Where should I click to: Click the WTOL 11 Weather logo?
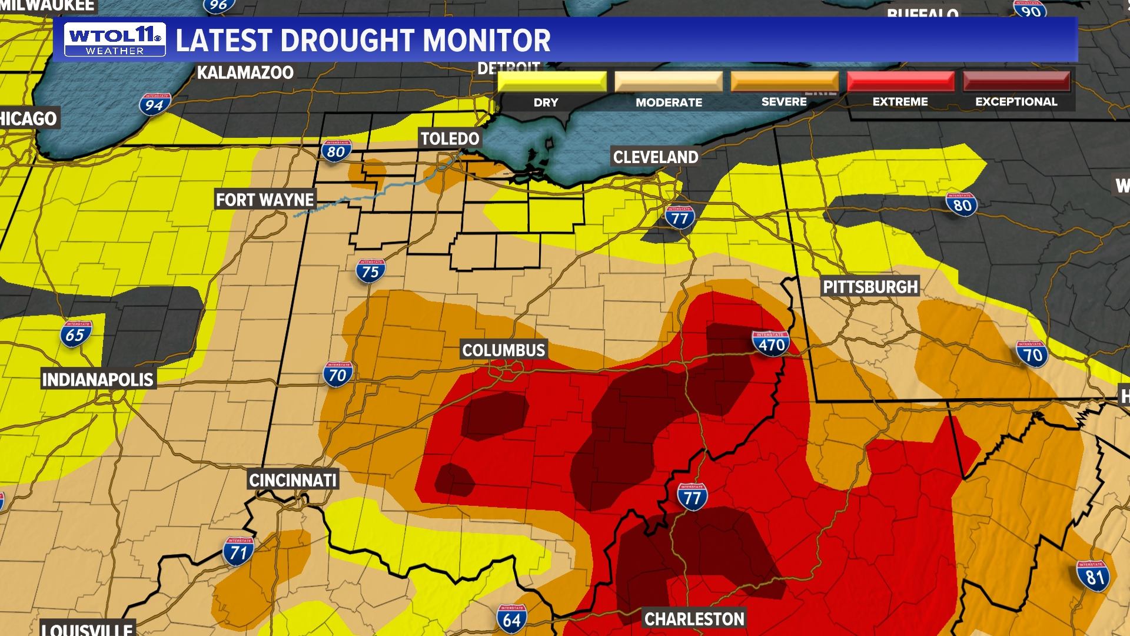115,40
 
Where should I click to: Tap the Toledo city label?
450,139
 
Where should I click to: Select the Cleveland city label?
655,157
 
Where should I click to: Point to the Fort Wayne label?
265,200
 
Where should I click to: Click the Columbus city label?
504,350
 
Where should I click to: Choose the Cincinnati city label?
293,481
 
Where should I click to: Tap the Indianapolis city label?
98,380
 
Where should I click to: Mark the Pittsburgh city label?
870,287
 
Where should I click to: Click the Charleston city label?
694,620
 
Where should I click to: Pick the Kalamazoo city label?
245,73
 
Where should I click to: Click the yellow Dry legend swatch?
551,81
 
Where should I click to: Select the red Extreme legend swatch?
900,81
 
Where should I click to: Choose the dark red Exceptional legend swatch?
1016,81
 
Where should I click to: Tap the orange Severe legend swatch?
785,81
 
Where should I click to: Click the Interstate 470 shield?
771,343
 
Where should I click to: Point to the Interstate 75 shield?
370,271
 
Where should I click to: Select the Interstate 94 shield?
155,104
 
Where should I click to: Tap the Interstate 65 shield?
75,334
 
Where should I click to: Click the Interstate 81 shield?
1093,576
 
